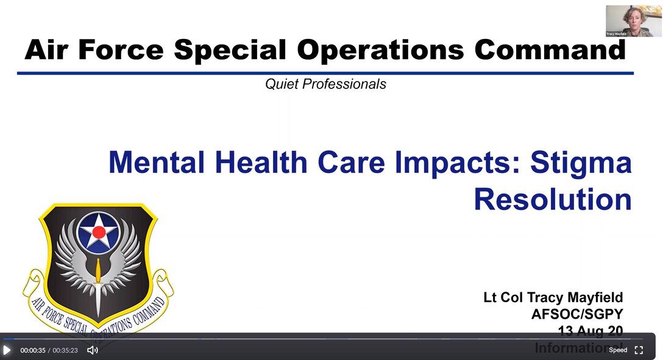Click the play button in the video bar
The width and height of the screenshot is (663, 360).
(x=7, y=350)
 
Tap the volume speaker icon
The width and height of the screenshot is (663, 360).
(x=93, y=350)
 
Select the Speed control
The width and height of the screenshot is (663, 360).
(x=618, y=350)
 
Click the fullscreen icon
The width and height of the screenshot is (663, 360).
(x=639, y=350)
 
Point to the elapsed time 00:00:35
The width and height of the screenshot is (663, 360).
(x=33, y=351)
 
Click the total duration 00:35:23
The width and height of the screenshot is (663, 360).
(x=65, y=351)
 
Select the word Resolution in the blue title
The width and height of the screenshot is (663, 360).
(x=553, y=199)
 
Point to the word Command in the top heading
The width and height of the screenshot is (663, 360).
(x=550, y=50)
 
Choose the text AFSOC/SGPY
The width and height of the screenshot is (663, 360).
(x=577, y=314)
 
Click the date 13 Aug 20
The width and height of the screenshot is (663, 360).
(x=590, y=331)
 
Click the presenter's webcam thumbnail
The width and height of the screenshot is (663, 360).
(x=633, y=21)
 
